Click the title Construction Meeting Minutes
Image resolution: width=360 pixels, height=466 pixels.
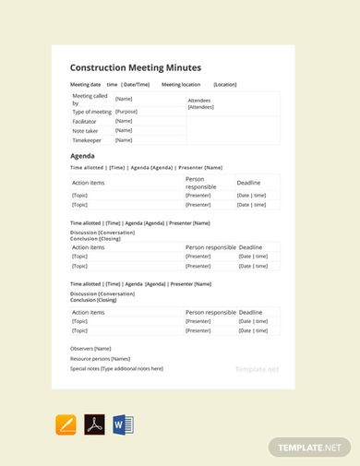point(135,67)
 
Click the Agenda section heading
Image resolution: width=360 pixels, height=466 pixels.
point(83,156)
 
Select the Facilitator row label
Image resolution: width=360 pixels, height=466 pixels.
point(86,121)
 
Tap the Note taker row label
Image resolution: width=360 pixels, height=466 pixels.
point(86,131)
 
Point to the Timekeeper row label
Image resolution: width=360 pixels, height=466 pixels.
point(88,141)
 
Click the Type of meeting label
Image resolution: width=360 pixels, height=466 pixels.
point(91,112)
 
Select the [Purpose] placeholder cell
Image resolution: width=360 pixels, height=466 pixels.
point(126,112)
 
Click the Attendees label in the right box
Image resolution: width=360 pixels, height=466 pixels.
point(200,100)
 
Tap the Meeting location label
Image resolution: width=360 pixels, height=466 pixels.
point(181,84)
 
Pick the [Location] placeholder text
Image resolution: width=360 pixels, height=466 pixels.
point(225,84)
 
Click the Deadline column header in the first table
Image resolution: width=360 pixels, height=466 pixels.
point(249,183)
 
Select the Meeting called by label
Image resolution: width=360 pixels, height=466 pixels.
point(89,99)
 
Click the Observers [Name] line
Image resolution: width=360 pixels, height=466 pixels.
point(90,348)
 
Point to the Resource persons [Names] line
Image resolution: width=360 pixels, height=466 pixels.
point(100,358)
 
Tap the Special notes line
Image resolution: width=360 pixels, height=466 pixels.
point(116,368)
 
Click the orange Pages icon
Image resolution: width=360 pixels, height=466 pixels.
point(66,425)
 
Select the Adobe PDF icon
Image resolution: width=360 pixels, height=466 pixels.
point(94,425)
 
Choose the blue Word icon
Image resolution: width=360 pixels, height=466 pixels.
point(123,425)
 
